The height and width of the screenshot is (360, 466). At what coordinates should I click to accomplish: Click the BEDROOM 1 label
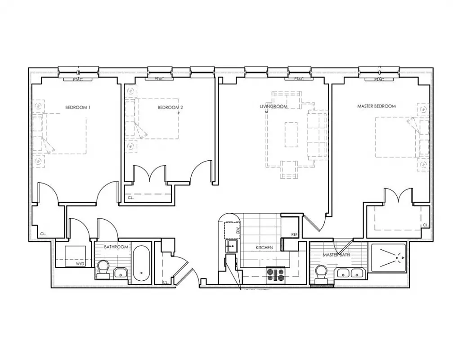point(78,107)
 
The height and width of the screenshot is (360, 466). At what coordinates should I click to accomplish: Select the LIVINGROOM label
point(273,107)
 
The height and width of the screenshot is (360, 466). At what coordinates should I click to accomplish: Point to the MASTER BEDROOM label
point(376,106)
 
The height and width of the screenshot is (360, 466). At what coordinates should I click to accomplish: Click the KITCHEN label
point(264,247)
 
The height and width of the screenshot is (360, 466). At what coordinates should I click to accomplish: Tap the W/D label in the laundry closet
point(80,264)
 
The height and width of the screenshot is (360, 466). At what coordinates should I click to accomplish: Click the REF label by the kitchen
point(295,234)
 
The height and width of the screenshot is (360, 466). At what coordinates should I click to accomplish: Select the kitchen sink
point(232,246)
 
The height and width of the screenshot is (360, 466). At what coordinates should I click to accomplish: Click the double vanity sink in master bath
point(351,273)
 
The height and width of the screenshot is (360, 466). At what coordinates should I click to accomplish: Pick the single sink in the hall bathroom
point(121,273)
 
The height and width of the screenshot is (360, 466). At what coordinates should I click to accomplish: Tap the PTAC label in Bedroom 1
point(79,80)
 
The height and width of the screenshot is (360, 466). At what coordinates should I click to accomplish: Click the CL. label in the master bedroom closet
point(424,225)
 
